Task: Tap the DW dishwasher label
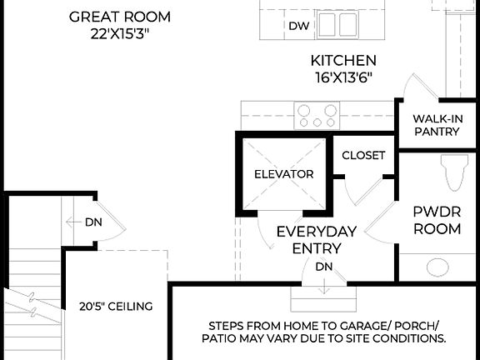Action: pos(299,26)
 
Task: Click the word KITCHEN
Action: pos(343,61)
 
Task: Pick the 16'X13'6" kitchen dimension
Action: pos(343,77)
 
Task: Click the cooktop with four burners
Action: pos(317,115)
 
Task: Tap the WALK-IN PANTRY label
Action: pos(438,125)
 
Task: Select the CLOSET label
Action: pos(364,155)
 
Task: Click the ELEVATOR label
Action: pos(284,174)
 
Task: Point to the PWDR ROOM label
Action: pos(437,219)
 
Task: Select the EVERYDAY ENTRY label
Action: pos(317,239)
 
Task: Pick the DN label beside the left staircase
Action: pos(94,222)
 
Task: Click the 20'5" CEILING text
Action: pos(117,306)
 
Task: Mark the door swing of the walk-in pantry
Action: pos(414,87)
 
